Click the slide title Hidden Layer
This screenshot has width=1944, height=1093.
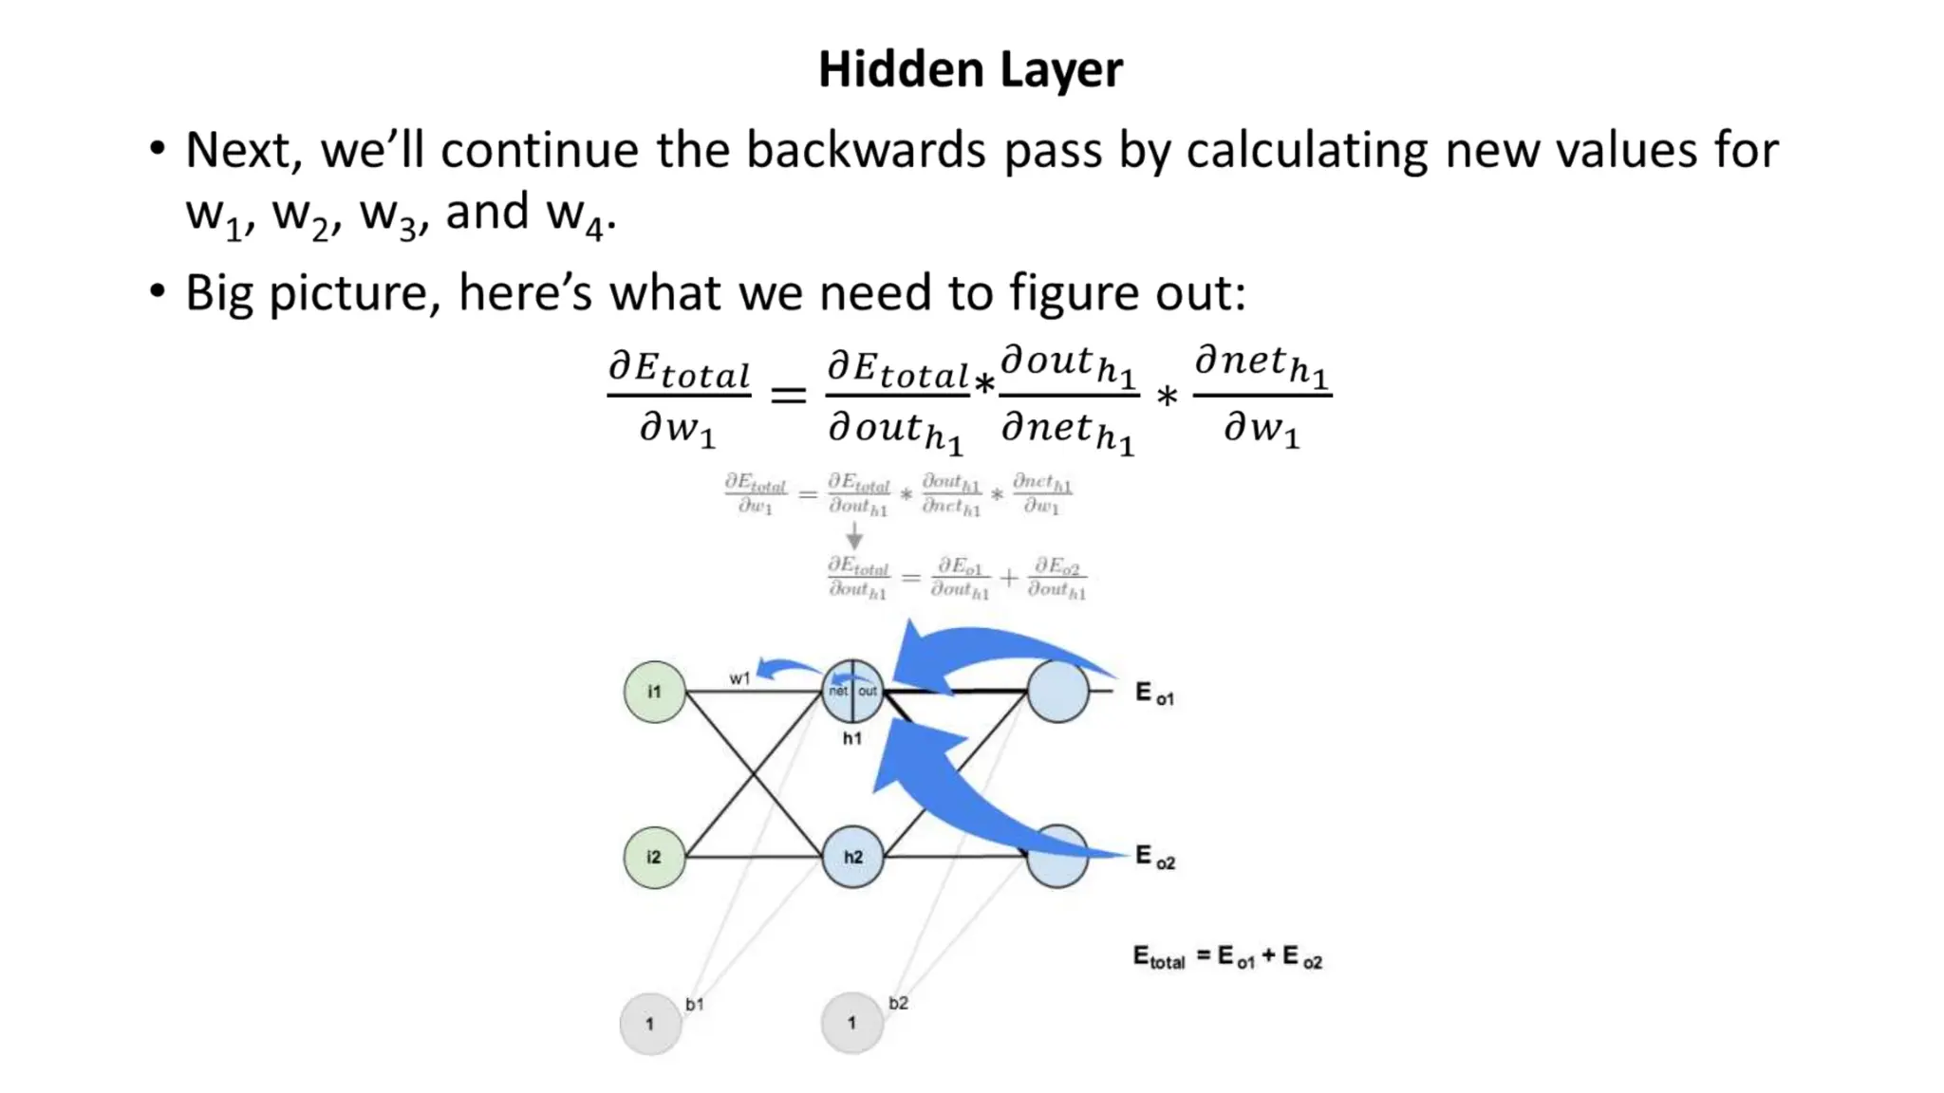(x=970, y=70)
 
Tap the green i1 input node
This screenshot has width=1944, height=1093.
(x=654, y=692)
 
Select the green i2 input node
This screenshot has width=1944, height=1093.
(x=654, y=857)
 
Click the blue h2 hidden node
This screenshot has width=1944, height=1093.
(x=852, y=857)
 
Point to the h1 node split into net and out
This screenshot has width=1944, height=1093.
(x=852, y=691)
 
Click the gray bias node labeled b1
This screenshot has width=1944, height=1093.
(x=650, y=1024)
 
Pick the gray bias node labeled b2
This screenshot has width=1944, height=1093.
(x=851, y=1023)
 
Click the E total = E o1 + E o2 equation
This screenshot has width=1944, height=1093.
(x=1227, y=957)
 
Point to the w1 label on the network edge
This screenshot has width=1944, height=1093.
(x=739, y=678)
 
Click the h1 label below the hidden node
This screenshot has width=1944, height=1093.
(x=852, y=738)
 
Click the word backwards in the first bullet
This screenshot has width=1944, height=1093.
(x=866, y=151)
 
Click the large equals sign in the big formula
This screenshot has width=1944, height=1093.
(x=788, y=394)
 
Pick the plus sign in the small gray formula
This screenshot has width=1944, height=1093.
(x=1008, y=577)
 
